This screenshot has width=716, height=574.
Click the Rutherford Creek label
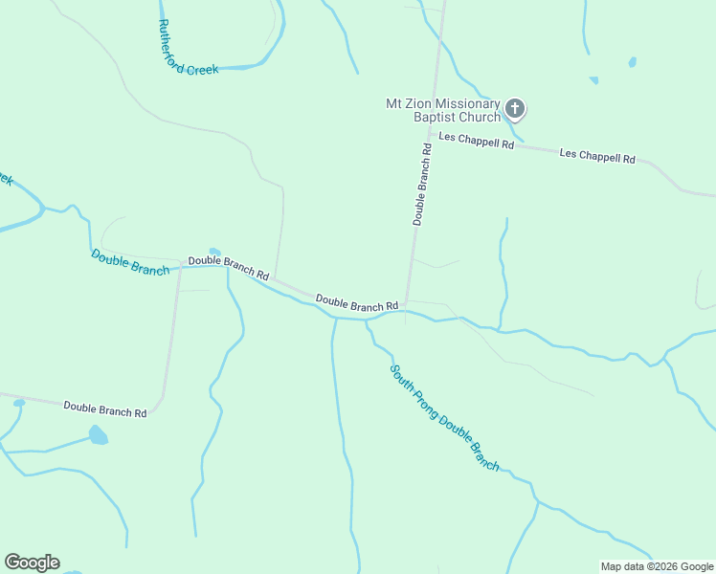click(x=189, y=50)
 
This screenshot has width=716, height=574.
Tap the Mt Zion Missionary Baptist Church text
click(x=442, y=110)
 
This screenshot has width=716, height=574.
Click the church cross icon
click(x=515, y=108)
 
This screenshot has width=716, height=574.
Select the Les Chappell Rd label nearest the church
click(x=477, y=142)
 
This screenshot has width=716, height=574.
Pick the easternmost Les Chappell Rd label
click(x=597, y=155)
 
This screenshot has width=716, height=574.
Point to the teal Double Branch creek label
click(x=130, y=262)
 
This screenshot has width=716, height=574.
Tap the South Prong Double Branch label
click(x=445, y=416)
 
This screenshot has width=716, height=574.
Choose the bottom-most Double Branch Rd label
click(x=105, y=409)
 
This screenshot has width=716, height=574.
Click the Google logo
click(x=32, y=563)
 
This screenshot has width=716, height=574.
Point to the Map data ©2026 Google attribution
click(x=657, y=566)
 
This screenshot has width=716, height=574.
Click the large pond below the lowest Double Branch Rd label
click(x=98, y=436)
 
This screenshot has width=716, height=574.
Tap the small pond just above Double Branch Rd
click(x=214, y=253)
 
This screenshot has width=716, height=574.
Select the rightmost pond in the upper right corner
click(x=632, y=63)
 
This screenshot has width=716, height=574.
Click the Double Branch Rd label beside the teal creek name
click(x=228, y=266)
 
